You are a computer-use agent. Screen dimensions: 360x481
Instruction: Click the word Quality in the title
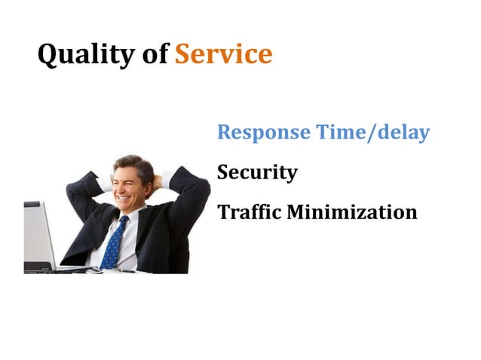pyautogui.click(x=84, y=54)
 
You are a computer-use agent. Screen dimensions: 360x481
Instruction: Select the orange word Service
pyautogui.click(x=223, y=54)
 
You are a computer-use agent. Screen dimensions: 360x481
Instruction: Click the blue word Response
pyautogui.click(x=263, y=133)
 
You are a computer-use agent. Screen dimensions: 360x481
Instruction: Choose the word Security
pyautogui.click(x=257, y=172)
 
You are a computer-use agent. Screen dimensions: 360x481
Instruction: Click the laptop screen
pyautogui.click(x=38, y=233)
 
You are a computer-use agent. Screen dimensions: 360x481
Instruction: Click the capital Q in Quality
pyautogui.click(x=47, y=55)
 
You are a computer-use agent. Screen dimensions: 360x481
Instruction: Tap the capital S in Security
pyautogui.click(x=223, y=172)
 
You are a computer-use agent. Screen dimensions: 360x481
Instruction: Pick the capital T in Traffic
pyautogui.click(x=223, y=212)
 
